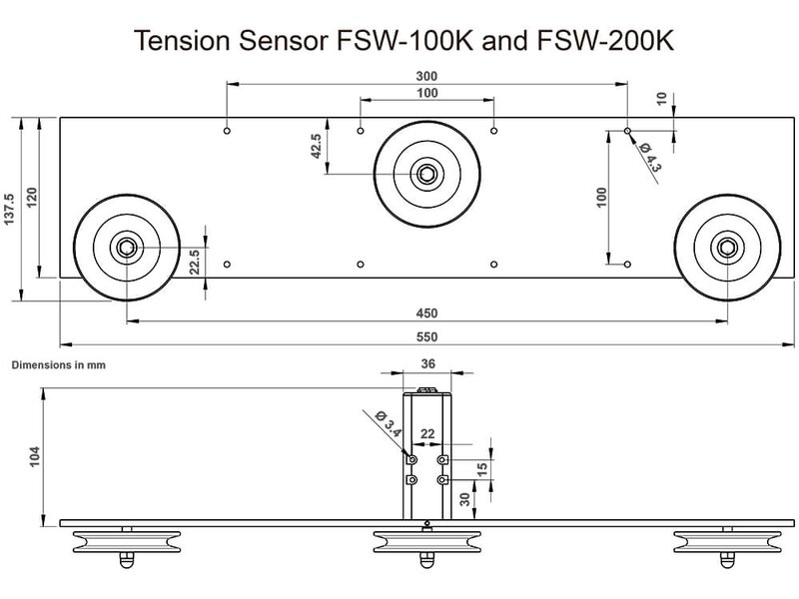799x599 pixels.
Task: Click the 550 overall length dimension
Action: [x=427, y=337]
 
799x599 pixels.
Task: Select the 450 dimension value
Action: [x=427, y=310]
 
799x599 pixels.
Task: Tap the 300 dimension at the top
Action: [x=427, y=76]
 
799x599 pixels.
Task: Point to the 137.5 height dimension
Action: [x=11, y=209]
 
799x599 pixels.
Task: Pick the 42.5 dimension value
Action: [x=316, y=146]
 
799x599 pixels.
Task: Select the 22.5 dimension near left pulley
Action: [x=196, y=262]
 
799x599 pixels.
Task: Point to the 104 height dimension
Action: [x=35, y=457]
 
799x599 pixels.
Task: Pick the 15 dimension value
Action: [x=482, y=468]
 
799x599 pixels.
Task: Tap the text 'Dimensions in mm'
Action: [x=58, y=365]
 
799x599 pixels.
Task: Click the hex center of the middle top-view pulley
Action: [x=426, y=174]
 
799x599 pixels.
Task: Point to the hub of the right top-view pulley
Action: [x=727, y=247]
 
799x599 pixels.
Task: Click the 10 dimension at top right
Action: [x=662, y=100]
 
